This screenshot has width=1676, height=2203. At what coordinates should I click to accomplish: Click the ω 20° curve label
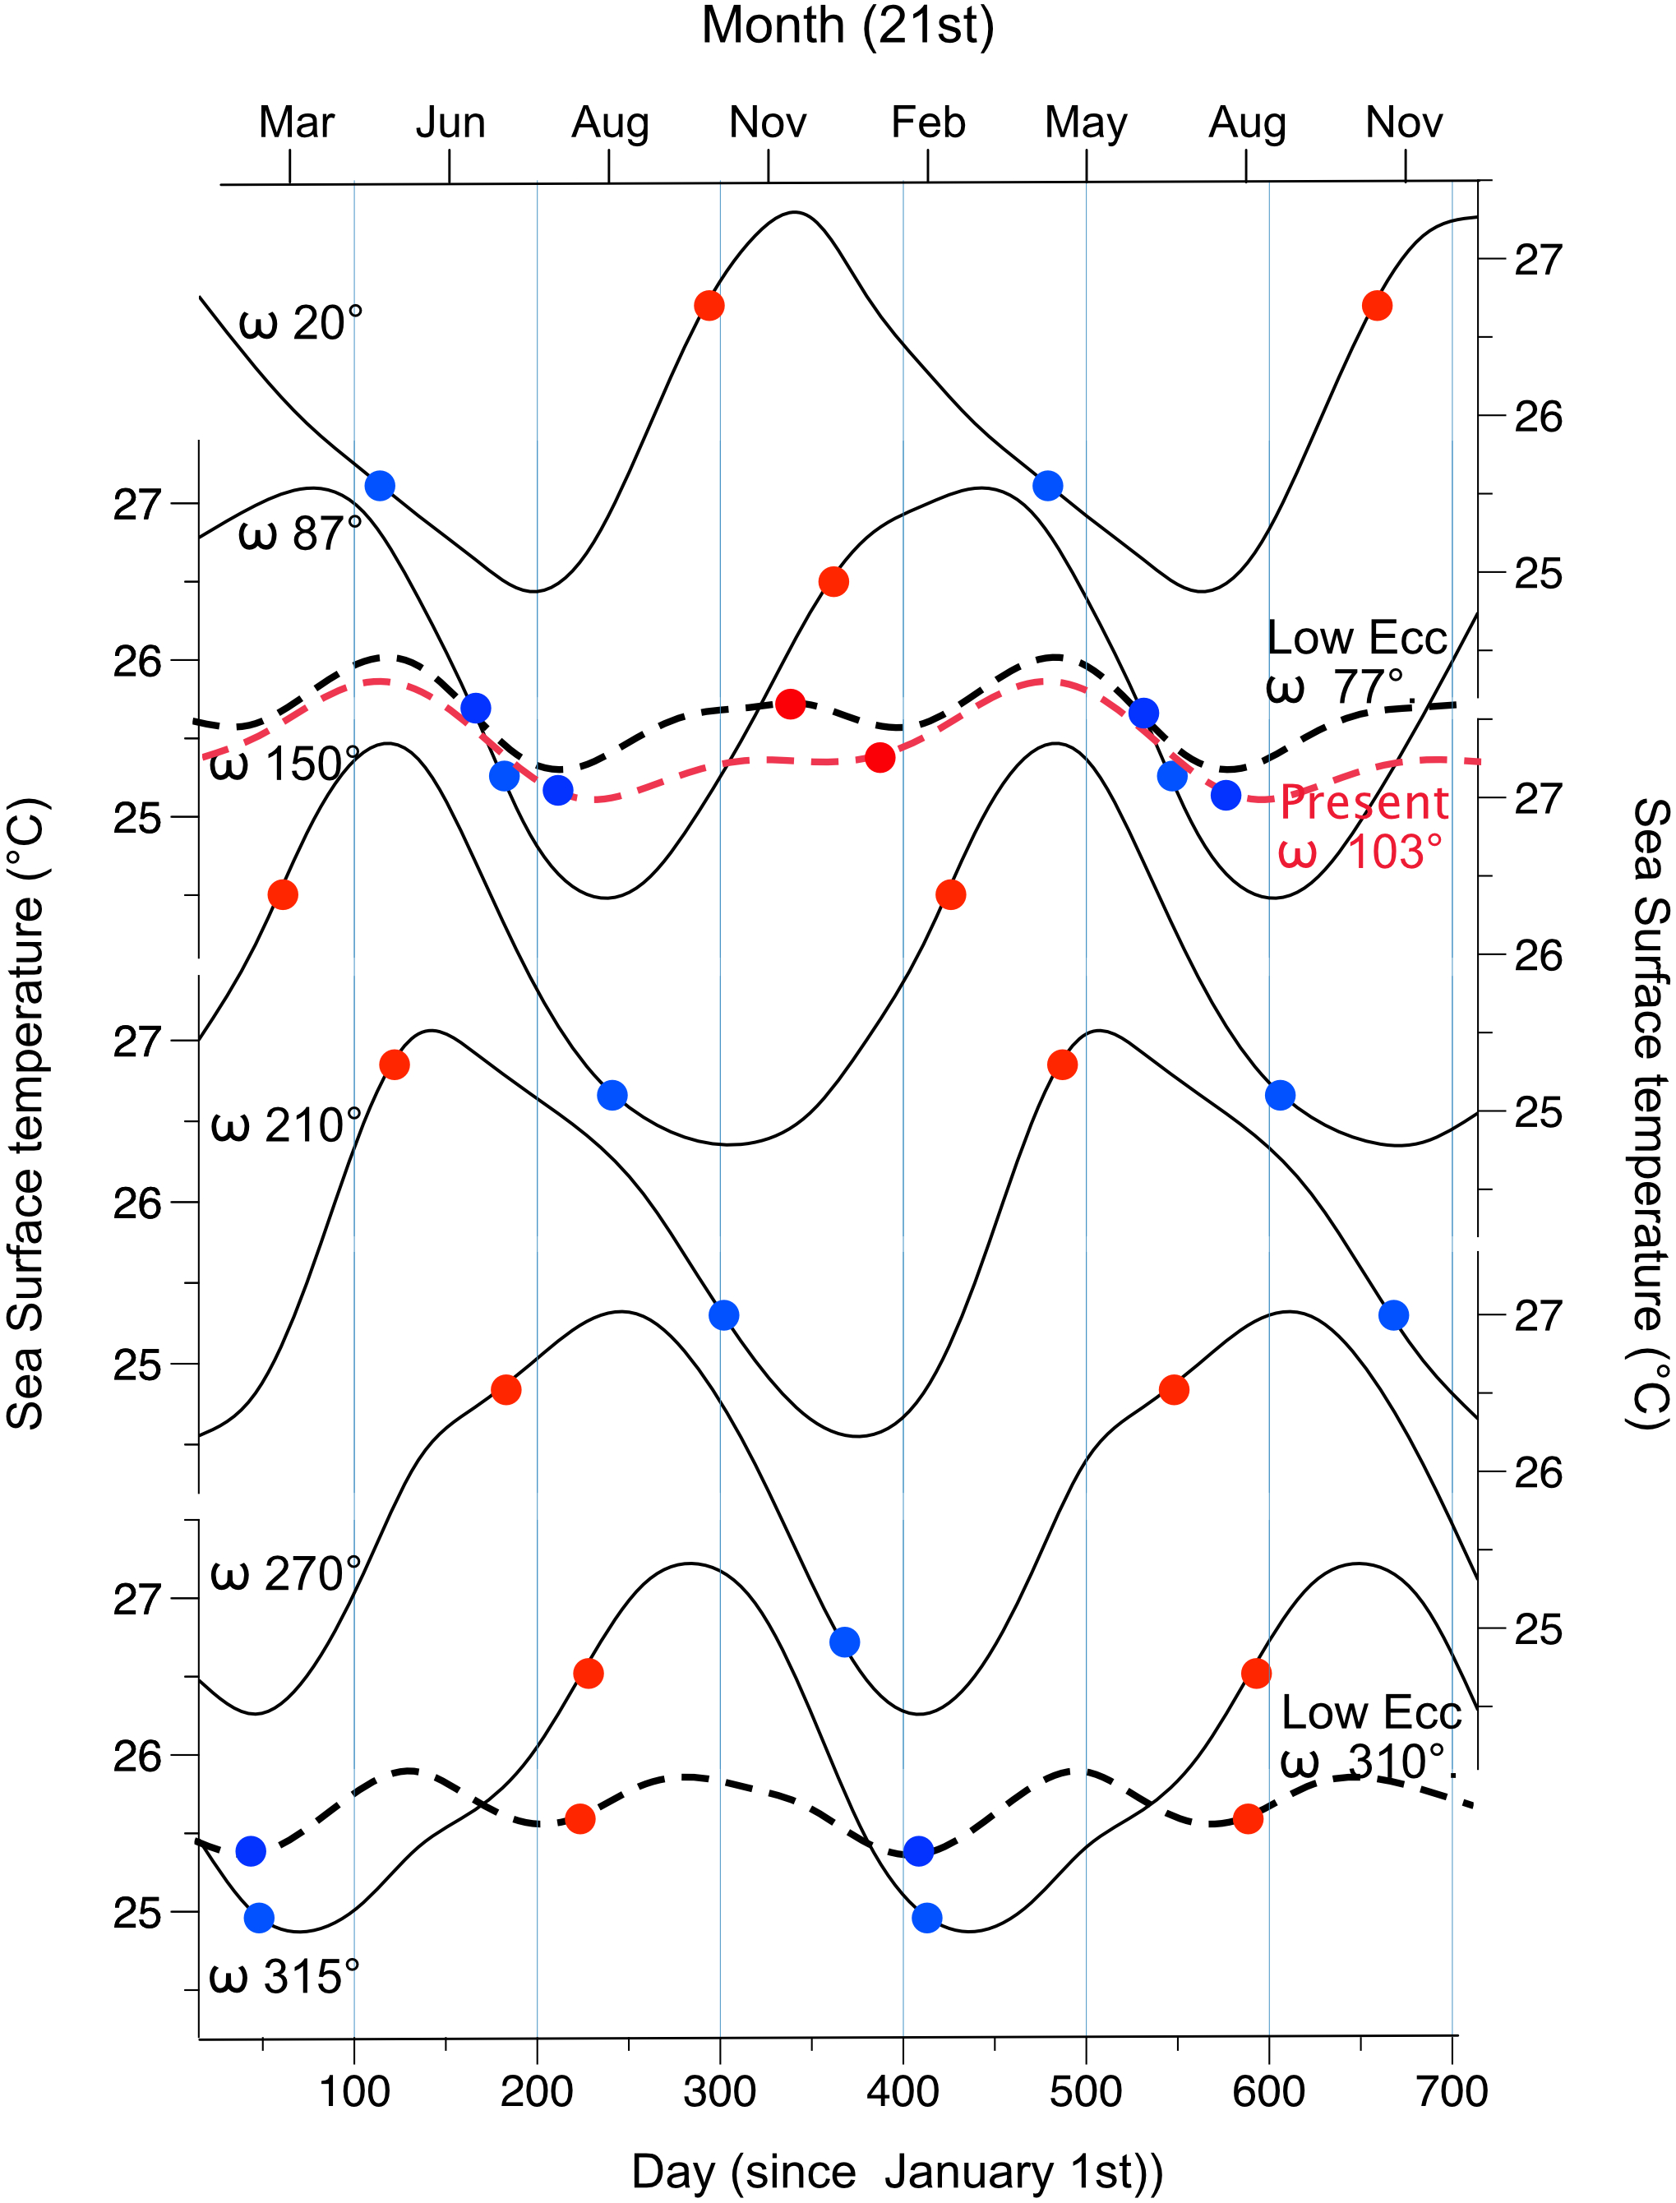point(300,323)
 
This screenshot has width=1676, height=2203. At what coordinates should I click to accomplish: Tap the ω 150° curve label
point(284,765)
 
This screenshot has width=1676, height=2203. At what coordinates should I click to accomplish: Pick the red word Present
point(1364,803)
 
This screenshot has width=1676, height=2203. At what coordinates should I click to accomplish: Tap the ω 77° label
point(1337,687)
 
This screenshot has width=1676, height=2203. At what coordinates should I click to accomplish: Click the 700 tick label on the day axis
point(1452,2091)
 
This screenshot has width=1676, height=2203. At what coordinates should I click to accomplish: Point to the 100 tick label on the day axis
point(354,2091)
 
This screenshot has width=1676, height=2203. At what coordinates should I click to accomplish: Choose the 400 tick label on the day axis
point(903,2091)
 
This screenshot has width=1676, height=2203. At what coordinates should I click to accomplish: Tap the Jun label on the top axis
point(451,122)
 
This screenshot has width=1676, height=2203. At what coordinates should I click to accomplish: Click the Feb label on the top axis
point(928,122)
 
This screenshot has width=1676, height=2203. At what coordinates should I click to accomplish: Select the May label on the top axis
point(1085,122)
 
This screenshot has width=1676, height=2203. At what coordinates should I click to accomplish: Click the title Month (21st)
point(848,26)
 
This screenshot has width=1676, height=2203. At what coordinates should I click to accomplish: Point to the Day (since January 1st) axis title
point(897,2172)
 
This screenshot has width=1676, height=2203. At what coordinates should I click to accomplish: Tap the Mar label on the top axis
point(296,122)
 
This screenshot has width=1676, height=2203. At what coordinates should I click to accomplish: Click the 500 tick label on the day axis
point(1085,2091)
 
